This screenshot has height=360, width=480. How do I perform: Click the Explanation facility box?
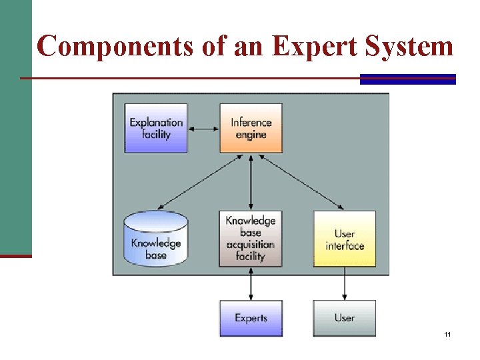click(x=156, y=128)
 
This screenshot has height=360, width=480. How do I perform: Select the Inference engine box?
click(x=251, y=128)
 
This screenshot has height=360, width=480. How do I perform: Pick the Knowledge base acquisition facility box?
click(x=251, y=239)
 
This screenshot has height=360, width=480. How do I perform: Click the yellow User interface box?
click(x=345, y=239)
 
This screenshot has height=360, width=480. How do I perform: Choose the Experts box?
click(x=251, y=318)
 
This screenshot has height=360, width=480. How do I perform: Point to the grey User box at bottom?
click(x=345, y=318)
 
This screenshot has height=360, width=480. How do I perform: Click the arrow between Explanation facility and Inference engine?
click(x=204, y=128)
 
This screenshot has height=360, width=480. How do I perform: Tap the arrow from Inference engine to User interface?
click(x=300, y=182)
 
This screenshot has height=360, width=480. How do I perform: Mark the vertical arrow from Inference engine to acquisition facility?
click(x=251, y=181)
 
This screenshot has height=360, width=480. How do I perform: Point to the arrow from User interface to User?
click(x=345, y=283)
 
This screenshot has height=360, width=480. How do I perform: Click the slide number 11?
click(x=447, y=333)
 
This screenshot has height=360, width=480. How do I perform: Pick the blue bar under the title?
click(x=407, y=79)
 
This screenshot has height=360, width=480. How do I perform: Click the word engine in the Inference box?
click(x=251, y=135)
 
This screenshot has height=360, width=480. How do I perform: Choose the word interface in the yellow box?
click(x=345, y=246)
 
